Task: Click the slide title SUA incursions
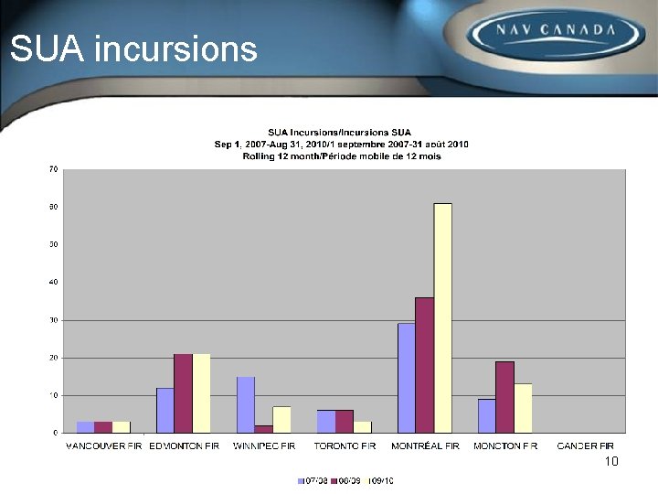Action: (133, 48)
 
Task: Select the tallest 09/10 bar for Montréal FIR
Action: (442, 317)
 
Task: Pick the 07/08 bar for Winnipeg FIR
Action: (246, 404)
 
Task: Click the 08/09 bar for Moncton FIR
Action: (504, 396)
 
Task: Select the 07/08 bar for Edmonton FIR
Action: (165, 410)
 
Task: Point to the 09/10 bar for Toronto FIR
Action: (362, 426)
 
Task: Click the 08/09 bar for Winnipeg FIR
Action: (263, 428)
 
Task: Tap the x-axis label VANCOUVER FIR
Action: (104, 446)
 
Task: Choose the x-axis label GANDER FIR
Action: (585, 446)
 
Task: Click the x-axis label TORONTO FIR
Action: (345, 446)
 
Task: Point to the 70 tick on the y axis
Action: (53, 169)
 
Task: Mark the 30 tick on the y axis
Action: (53, 320)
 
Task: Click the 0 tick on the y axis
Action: (55, 433)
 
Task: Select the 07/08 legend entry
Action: (313, 480)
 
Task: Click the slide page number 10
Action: (611, 461)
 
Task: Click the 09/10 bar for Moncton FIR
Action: (523, 408)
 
